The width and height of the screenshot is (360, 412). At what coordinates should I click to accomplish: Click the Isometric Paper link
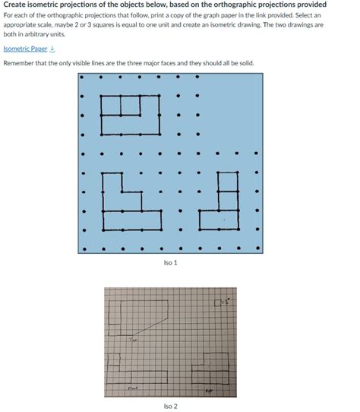24,48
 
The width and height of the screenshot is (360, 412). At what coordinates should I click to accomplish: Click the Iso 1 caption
170,262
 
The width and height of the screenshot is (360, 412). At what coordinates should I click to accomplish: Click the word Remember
18,63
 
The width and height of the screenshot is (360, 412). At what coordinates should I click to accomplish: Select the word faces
175,63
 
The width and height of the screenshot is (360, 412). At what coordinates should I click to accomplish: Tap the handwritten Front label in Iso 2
132,388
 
